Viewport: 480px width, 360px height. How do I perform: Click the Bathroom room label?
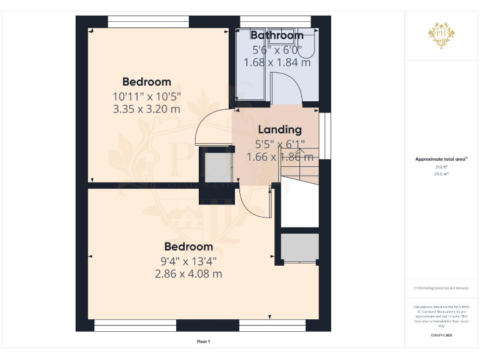(x=277, y=36)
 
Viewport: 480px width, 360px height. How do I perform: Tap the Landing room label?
(x=280, y=130)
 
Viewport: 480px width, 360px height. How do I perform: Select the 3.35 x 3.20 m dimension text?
(x=146, y=109)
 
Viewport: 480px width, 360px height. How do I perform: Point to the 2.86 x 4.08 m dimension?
(x=188, y=274)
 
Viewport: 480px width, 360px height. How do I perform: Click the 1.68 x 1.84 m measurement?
(x=277, y=62)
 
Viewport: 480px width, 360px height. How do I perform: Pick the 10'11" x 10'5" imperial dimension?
(x=146, y=97)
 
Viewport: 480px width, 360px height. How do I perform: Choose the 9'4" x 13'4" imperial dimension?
(x=188, y=261)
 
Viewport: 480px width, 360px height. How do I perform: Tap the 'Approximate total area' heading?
(x=441, y=159)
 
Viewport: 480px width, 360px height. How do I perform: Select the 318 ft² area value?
(x=441, y=167)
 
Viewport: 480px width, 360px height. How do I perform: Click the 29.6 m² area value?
(x=441, y=174)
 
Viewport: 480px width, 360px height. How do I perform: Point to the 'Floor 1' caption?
(x=203, y=341)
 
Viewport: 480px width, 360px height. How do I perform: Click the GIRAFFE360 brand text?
(x=441, y=336)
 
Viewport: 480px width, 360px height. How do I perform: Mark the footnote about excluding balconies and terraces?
(x=441, y=287)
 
